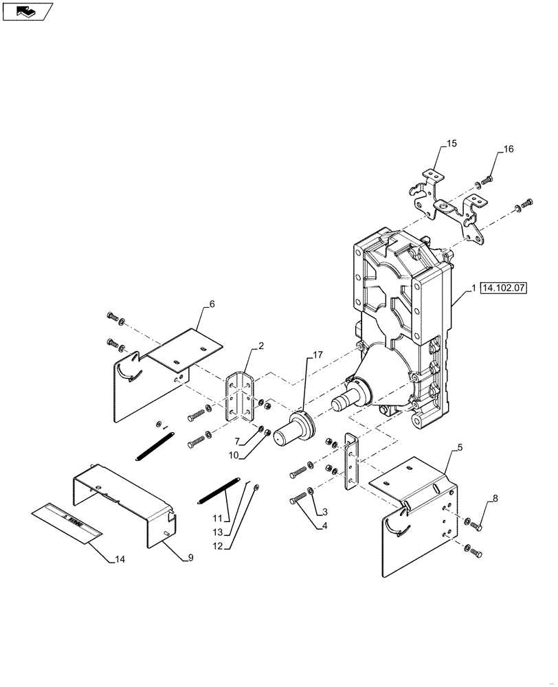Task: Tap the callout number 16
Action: pyautogui.click(x=508, y=149)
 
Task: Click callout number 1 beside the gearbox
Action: pyautogui.click(x=474, y=289)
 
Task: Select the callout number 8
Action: pyautogui.click(x=495, y=498)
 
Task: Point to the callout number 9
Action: pyautogui.click(x=189, y=558)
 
